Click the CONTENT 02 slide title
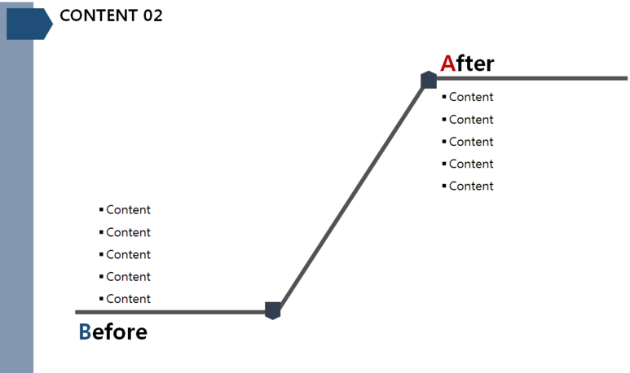pyautogui.click(x=111, y=15)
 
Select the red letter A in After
pyautogui.click(x=447, y=64)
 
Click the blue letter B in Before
pyautogui.click(x=85, y=332)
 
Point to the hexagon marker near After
pyautogui.click(x=429, y=80)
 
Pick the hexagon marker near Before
pyautogui.click(x=273, y=310)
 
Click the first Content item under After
pyautogui.click(x=470, y=97)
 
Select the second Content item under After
pyautogui.click(x=470, y=120)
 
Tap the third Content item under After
pyautogui.click(x=470, y=142)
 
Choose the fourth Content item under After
pyautogui.click(x=470, y=164)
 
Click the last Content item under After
pyautogui.click(x=470, y=186)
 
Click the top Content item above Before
pyautogui.click(x=128, y=210)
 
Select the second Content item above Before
pyautogui.click(x=128, y=232)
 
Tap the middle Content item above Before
pyautogui.click(x=128, y=254)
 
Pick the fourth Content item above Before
pyautogui.click(x=128, y=277)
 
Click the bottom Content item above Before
pyautogui.click(x=128, y=299)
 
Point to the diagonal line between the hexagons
pyautogui.click(x=350, y=195)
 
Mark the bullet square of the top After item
pyautogui.click(x=444, y=97)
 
